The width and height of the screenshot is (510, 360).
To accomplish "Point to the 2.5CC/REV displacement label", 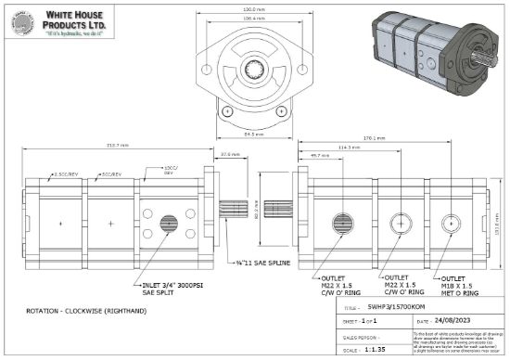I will (x=66, y=174).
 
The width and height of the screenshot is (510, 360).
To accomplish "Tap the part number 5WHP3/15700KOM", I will (x=398, y=307).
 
